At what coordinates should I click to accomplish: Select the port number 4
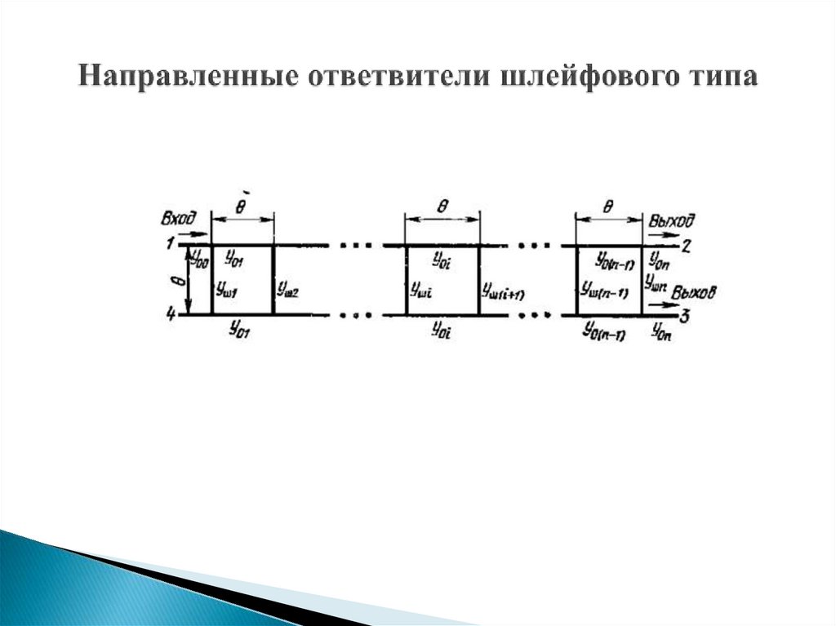pyautogui.click(x=171, y=314)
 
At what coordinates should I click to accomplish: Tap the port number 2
pyautogui.click(x=687, y=244)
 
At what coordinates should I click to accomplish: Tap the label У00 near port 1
pyautogui.click(x=198, y=259)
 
